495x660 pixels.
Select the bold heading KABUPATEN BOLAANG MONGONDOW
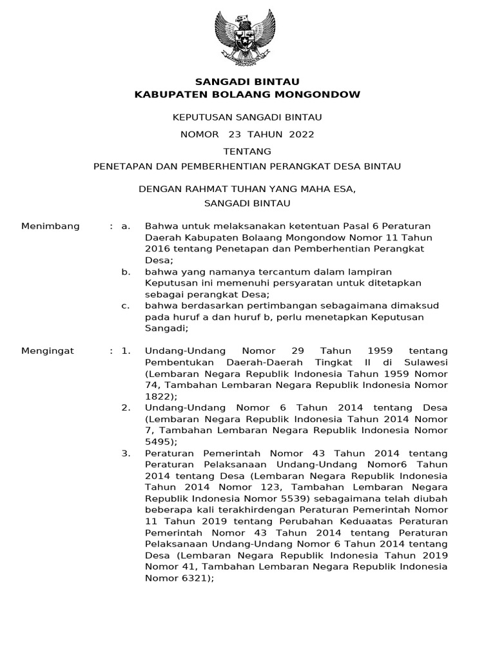(247, 95)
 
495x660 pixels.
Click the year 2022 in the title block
(302, 134)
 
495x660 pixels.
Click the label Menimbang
(51, 226)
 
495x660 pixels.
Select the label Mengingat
(48, 351)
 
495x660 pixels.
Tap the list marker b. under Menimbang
(126, 272)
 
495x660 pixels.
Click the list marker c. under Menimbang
(126, 306)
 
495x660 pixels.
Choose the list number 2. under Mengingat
(126, 408)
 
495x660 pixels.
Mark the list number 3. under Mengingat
(126, 454)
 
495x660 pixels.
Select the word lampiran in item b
(371, 272)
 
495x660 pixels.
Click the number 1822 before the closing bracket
(158, 396)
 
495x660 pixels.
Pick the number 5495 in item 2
(158, 442)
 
